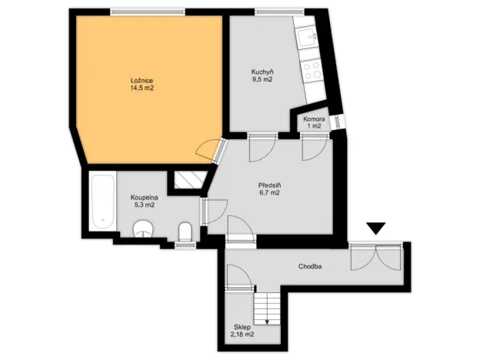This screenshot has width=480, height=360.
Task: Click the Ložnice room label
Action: pyautogui.click(x=142, y=79)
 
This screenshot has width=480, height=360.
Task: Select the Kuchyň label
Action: pyautogui.click(x=262, y=72)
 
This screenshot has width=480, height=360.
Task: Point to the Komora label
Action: pyautogui.click(x=313, y=119)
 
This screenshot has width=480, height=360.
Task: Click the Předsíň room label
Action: pyautogui.click(x=268, y=185)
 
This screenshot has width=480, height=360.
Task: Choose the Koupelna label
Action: pyautogui.click(x=144, y=198)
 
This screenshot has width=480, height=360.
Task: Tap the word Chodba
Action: pyautogui.click(x=310, y=267)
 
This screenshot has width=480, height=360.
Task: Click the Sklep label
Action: pyautogui.click(x=243, y=326)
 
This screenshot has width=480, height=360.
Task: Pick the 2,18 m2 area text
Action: pyautogui.click(x=243, y=335)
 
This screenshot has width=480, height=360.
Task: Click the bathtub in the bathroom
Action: pyautogui.click(x=102, y=202)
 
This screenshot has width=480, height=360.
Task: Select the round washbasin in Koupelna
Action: pyautogui.click(x=144, y=229)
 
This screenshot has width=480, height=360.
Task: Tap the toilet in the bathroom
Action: pyautogui.click(x=185, y=232)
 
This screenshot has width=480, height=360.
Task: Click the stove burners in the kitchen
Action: pyautogui.click(x=312, y=71)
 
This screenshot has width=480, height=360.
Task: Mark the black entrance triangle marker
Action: pyautogui.click(x=375, y=228)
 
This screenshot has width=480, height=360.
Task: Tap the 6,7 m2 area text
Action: pyautogui.click(x=268, y=193)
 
